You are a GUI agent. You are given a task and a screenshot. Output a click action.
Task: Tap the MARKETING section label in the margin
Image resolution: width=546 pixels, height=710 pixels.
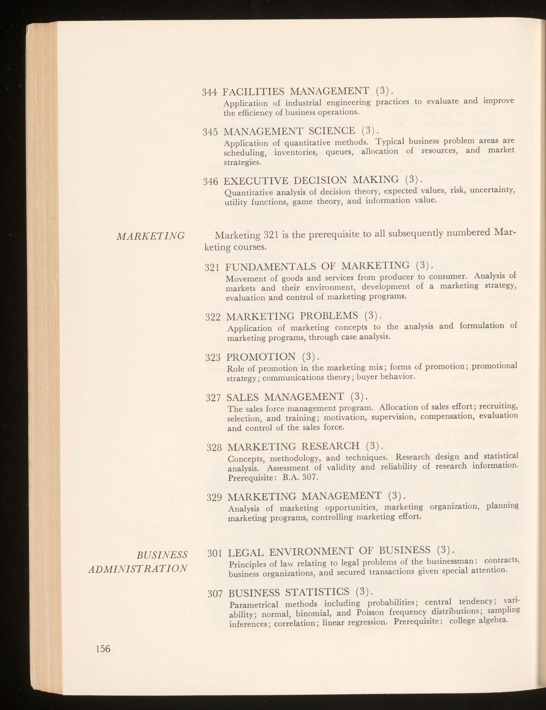point(150,235)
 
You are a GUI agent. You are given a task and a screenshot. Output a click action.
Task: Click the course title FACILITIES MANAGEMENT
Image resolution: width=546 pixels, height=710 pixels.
point(296,91)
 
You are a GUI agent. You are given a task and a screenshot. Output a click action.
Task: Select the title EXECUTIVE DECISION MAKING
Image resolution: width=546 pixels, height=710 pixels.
point(311,180)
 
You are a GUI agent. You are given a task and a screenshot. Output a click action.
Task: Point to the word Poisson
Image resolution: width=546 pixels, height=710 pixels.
point(371,613)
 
